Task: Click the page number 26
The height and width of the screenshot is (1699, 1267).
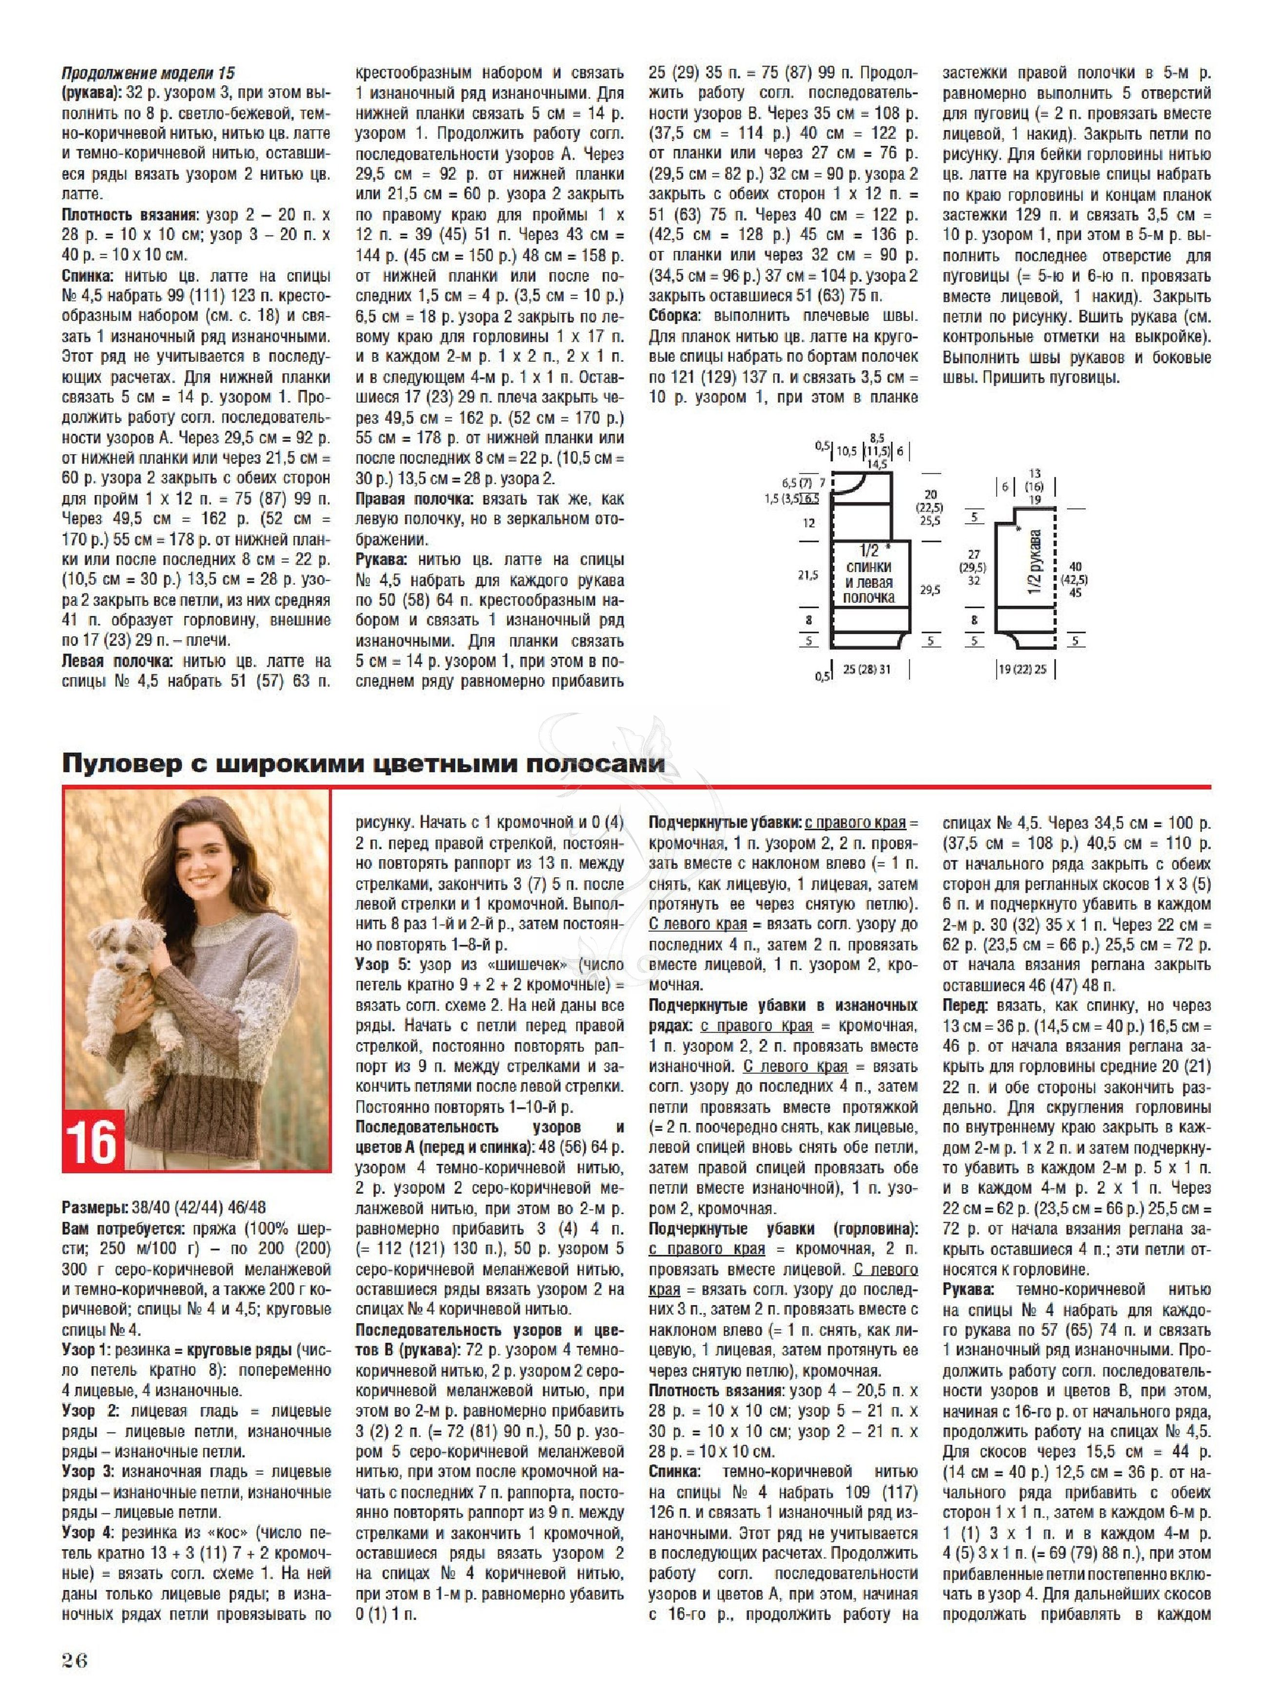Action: [75, 1660]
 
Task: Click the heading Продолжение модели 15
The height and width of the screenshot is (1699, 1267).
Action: [148, 74]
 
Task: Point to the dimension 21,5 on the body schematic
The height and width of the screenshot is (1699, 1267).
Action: [807, 574]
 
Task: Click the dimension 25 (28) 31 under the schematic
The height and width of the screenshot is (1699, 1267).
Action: [866, 669]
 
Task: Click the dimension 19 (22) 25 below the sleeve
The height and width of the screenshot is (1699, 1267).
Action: [1021, 669]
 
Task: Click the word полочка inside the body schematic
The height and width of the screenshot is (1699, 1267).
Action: [869, 597]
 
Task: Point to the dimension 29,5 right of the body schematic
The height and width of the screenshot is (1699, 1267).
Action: [930, 589]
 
